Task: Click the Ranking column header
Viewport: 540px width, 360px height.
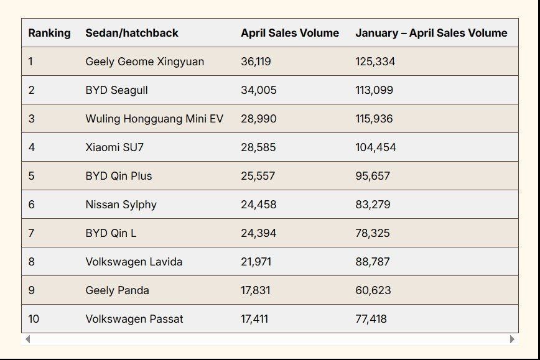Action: tap(49, 33)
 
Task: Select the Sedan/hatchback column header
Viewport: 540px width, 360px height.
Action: tap(132, 33)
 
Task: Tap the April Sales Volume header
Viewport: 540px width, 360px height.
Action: tap(290, 33)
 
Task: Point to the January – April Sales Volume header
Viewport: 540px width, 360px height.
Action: tap(431, 33)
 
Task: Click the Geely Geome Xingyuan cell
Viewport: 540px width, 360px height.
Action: tap(144, 62)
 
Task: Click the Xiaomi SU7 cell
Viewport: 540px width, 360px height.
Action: tap(114, 147)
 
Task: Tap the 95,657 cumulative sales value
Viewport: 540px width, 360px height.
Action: tap(373, 176)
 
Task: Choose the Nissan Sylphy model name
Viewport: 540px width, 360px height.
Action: tap(121, 205)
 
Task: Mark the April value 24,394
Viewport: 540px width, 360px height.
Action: tap(259, 233)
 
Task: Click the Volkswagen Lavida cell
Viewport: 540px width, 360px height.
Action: tap(134, 262)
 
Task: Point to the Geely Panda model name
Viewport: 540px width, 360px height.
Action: tap(117, 290)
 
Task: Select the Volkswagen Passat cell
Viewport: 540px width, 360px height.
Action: tap(134, 319)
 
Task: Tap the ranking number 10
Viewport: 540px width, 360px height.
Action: tap(34, 319)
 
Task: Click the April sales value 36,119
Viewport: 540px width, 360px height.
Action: tap(256, 62)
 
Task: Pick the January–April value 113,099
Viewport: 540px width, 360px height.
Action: tap(374, 90)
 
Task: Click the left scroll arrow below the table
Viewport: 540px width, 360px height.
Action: tap(27, 339)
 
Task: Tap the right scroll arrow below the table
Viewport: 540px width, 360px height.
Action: tap(512, 339)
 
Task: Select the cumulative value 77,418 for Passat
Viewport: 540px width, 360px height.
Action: tap(371, 319)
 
